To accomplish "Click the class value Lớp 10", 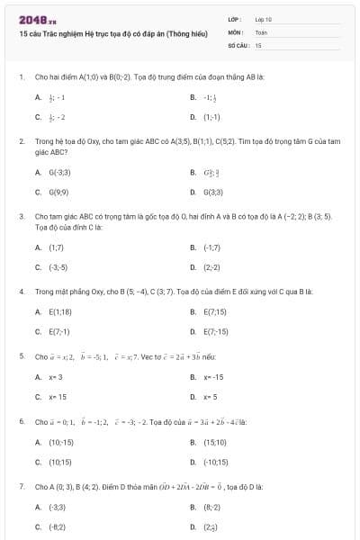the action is click(x=263, y=19).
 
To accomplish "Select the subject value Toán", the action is click(x=261, y=31).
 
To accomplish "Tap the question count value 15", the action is click(x=258, y=44).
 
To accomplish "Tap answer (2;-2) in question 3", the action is click(x=211, y=267).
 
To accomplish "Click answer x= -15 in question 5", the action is click(x=213, y=376).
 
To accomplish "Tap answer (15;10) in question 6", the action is click(x=214, y=442).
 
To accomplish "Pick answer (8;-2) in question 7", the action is click(x=211, y=507).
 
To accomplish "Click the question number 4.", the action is click(x=21, y=292).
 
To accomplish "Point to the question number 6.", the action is click(x=21, y=421).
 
